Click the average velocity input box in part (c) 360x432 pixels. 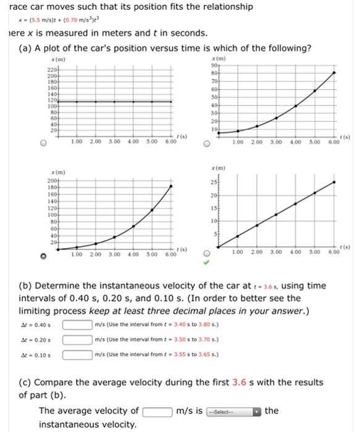(157, 412)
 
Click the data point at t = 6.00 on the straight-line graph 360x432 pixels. (334, 182)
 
